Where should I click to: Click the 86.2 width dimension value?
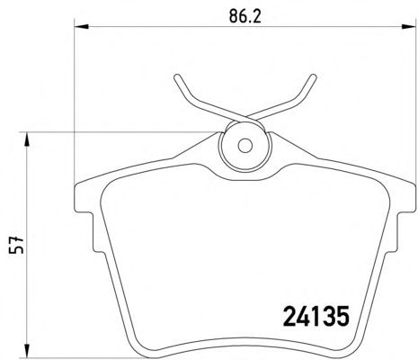click(245, 16)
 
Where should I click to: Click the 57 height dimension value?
click(16, 245)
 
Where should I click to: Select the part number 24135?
click(316, 316)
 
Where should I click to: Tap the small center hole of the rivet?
click(245, 146)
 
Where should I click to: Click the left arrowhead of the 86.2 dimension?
click(82, 27)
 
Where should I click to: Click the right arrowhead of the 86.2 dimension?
click(409, 27)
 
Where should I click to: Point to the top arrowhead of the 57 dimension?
click(27, 139)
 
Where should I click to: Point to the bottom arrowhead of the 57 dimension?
click(27, 350)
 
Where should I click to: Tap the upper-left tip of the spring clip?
click(177, 76)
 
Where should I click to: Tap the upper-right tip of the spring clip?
click(314, 76)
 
